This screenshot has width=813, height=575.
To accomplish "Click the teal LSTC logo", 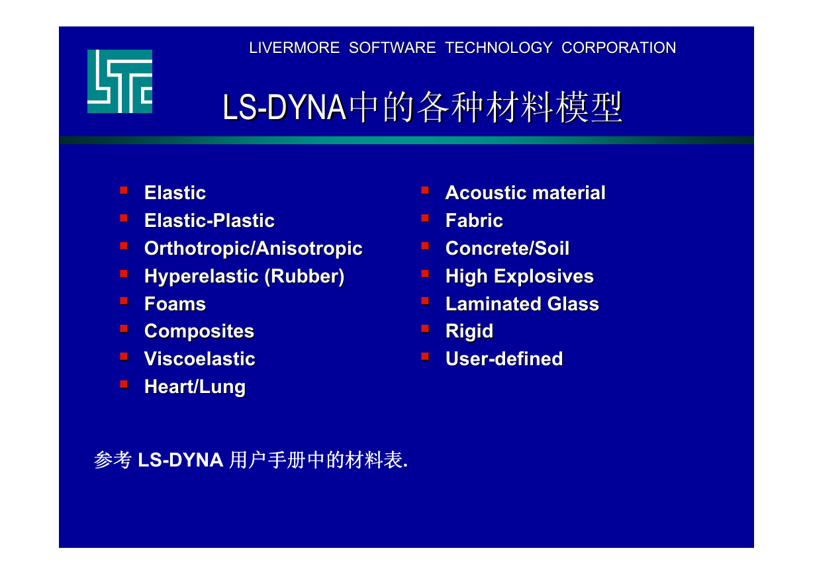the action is click(x=120, y=81).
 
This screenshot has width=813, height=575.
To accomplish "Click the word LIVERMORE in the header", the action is click(x=295, y=48).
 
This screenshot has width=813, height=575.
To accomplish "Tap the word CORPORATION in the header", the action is click(x=619, y=48).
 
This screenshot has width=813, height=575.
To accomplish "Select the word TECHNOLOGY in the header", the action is click(x=499, y=48).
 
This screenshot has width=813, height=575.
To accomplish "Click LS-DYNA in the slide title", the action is click(x=285, y=107).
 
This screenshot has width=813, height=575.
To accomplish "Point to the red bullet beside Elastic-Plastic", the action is click(x=124, y=218).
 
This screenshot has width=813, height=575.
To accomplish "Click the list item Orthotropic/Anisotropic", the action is click(x=254, y=249).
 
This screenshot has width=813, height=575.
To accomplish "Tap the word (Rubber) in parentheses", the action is click(x=305, y=277).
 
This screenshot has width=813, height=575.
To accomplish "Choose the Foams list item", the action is click(x=175, y=304).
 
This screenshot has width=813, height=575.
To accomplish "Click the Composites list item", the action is click(x=199, y=332).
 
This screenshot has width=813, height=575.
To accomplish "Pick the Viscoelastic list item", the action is click(x=200, y=359).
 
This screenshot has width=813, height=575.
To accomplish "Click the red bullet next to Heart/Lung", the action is click(x=124, y=384).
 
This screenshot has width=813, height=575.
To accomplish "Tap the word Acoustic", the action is click(x=487, y=193).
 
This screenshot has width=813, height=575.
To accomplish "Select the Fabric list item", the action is click(x=474, y=220).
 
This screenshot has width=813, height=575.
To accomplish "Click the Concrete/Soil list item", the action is click(x=507, y=249).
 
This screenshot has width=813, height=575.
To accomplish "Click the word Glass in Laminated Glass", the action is click(x=573, y=304).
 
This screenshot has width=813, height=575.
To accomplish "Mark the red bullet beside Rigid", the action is click(x=426, y=329).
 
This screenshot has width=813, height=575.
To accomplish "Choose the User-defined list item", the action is click(x=504, y=359).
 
